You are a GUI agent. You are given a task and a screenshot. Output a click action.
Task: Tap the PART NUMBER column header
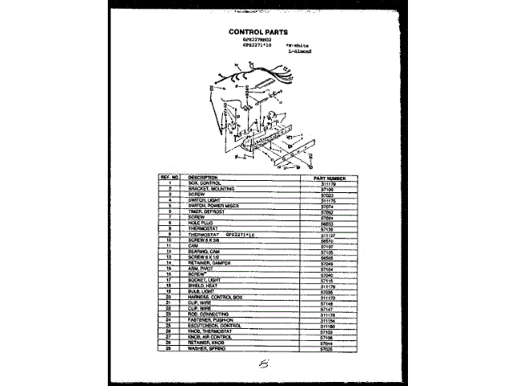326,177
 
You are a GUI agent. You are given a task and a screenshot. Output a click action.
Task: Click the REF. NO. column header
169,177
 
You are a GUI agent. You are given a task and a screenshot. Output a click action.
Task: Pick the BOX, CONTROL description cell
204,183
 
